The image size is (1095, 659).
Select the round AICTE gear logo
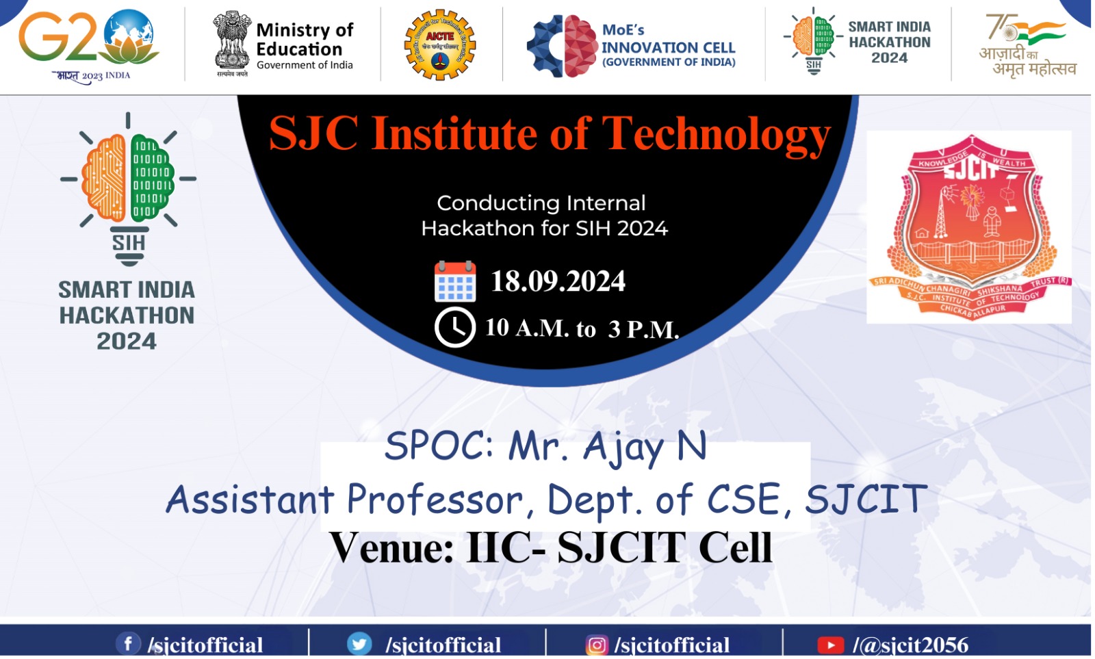click(x=439, y=44)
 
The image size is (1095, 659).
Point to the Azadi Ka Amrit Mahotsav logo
click(x=1026, y=44)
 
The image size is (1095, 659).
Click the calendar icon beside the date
click(x=455, y=281)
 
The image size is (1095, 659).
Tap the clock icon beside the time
click(x=455, y=327)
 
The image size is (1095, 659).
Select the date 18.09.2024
click(x=558, y=281)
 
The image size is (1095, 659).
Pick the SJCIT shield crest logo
click(x=968, y=226)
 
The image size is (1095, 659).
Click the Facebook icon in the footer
click(x=127, y=643)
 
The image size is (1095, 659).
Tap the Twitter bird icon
click(x=359, y=644)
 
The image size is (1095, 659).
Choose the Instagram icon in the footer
click(x=596, y=645)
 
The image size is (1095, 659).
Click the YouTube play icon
click(x=830, y=645)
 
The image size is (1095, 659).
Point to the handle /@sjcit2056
click(x=910, y=645)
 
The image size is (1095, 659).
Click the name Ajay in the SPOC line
click(x=623, y=448)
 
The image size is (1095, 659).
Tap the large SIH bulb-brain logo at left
click(x=128, y=188)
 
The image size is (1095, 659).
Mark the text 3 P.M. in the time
click(x=643, y=329)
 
